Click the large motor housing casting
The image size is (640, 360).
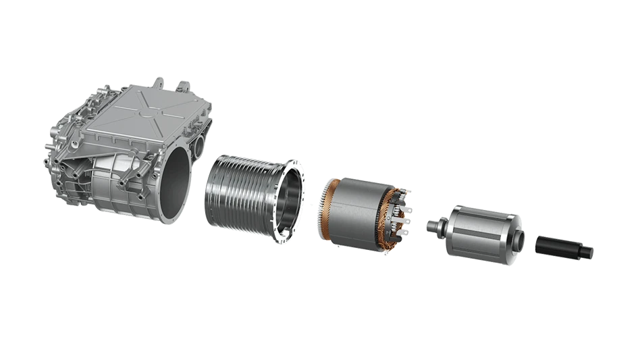tap(128, 149)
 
